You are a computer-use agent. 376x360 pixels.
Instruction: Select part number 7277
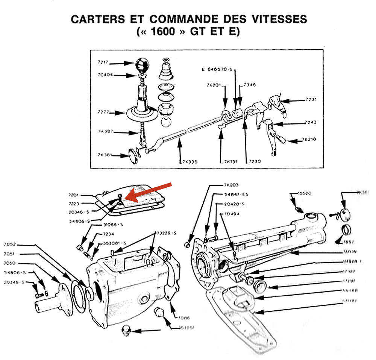[103, 112]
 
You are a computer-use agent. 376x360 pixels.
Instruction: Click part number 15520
[305, 193]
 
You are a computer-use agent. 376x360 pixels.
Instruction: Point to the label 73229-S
[166, 234]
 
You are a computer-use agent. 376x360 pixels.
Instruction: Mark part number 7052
[10, 245]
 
